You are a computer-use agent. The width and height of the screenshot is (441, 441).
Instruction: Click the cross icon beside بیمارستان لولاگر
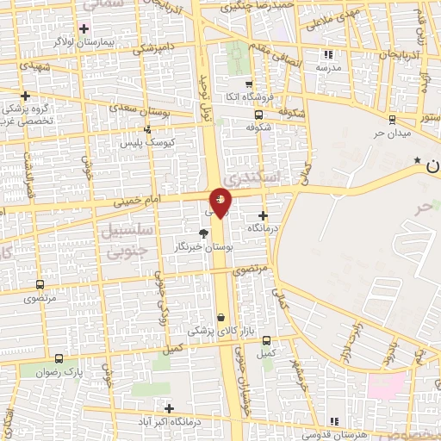(84, 28)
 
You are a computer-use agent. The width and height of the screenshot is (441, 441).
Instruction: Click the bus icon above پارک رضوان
(59, 358)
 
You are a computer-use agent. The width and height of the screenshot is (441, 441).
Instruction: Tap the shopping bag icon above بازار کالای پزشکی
(221, 317)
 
